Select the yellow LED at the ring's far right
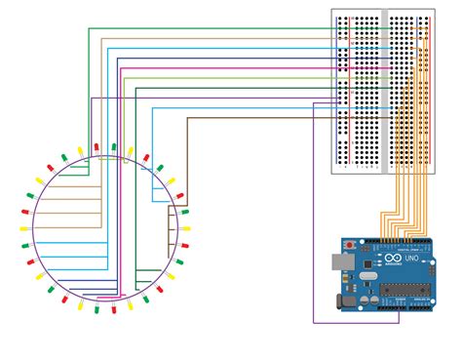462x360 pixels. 185,228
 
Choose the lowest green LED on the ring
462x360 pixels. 97,309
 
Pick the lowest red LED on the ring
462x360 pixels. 113,309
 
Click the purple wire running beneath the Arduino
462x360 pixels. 356,322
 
